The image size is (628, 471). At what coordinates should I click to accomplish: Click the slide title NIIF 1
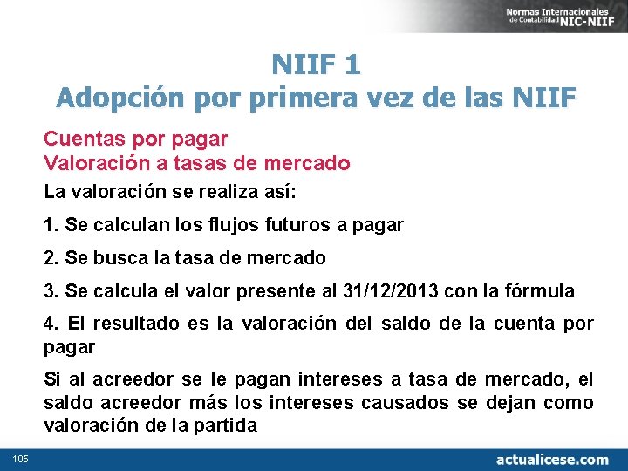(x=316, y=64)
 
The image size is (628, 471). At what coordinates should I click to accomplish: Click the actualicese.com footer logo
(x=552, y=458)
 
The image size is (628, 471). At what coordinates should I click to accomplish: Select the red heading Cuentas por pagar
(x=135, y=139)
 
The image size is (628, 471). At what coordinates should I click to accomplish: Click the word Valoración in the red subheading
(x=97, y=163)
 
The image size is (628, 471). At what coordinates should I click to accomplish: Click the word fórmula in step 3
(x=543, y=291)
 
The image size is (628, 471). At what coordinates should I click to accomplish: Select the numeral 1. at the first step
(x=51, y=225)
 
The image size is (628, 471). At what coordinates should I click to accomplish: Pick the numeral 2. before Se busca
(x=51, y=258)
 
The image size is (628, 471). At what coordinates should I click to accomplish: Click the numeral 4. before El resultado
(x=51, y=324)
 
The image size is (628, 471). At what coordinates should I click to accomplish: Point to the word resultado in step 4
(x=135, y=324)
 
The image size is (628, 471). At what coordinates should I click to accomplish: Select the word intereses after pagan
(x=336, y=379)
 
